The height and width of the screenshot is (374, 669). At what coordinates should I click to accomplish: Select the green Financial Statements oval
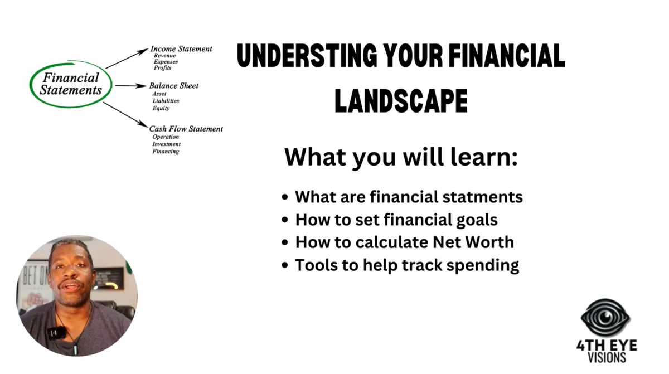(x=71, y=84)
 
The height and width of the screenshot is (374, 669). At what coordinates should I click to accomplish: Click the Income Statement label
(x=181, y=48)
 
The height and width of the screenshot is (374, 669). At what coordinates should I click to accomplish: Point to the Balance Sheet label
(x=173, y=86)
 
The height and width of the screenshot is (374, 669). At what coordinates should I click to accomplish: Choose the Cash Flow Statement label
(x=186, y=129)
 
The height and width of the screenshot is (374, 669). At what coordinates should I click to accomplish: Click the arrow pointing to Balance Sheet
(x=131, y=86)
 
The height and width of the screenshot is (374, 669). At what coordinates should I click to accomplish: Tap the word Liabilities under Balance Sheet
(x=166, y=101)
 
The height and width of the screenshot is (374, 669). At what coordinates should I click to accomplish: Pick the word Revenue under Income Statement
(x=165, y=56)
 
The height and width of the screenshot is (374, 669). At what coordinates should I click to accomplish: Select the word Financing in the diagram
(x=166, y=152)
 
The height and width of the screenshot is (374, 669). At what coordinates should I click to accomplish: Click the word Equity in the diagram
(x=161, y=108)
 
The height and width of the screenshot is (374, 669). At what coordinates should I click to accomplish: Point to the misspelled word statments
(x=482, y=197)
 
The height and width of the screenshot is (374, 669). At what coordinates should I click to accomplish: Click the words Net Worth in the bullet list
(x=473, y=242)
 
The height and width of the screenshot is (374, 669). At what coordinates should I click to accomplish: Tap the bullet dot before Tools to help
(x=285, y=265)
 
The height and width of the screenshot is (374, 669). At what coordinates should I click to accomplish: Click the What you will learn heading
(x=401, y=157)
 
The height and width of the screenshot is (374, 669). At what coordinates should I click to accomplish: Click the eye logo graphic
(x=605, y=317)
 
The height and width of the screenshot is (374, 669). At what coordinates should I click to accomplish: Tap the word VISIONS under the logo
(x=607, y=358)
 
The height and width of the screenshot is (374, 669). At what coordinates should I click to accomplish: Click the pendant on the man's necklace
(x=75, y=349)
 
